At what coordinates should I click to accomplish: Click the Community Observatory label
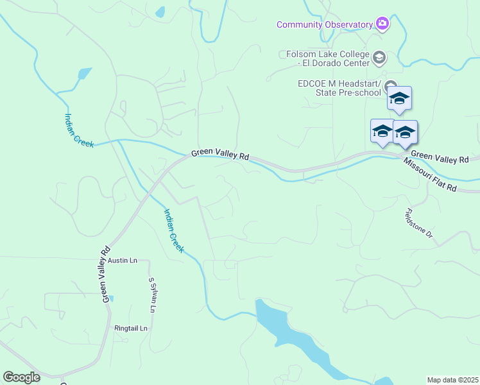325,24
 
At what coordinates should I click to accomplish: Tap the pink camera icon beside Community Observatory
382,24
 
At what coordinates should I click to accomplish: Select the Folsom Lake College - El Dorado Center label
325,58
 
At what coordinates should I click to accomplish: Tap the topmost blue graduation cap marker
399,98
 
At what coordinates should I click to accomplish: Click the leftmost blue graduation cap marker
382,131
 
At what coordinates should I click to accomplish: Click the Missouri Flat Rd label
429,175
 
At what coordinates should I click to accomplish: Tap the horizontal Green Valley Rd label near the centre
219,155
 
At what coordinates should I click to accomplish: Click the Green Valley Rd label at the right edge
440,156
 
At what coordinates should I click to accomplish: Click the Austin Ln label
123,261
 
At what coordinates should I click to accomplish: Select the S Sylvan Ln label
152,295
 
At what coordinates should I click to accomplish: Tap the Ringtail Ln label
131,328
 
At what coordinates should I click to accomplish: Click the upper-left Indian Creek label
79,130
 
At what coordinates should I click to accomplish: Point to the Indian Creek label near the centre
173,230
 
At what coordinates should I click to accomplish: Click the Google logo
21,377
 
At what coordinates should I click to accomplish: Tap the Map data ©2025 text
453,380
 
